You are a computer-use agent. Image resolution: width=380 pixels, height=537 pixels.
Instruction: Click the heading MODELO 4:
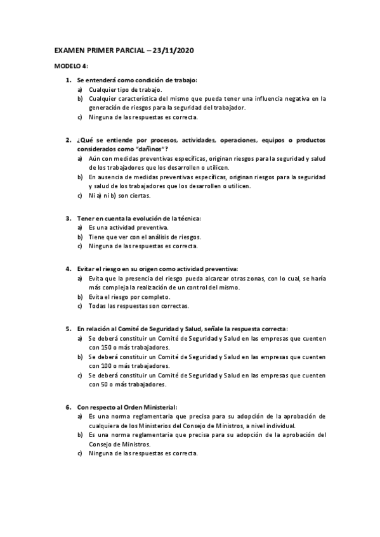click(71, 66)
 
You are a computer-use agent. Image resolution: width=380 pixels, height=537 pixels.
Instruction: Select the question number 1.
click(68, 80)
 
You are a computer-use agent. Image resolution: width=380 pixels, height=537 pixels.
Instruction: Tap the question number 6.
click(68, 407)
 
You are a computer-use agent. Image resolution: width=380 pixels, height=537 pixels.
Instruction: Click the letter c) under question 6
click(80, 453)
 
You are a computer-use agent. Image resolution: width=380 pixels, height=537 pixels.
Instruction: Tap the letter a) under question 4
click(80, 278)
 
